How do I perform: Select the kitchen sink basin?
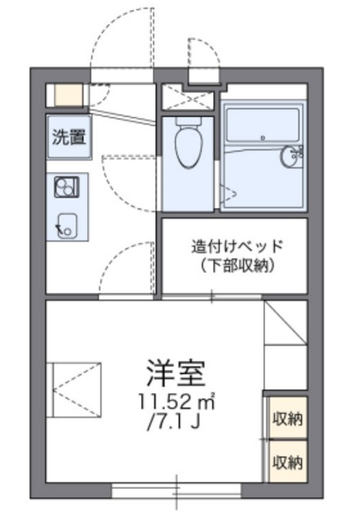click(66, 226)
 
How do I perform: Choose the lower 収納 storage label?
click(287, 462)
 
